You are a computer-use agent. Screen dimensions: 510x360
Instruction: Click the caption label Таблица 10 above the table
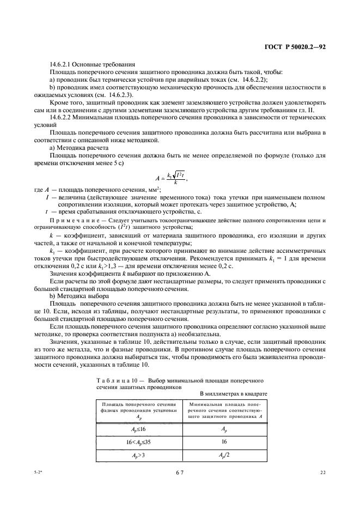pyautogui.click(x=115, y=378)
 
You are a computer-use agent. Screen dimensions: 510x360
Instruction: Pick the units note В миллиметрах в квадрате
pyautogui.click(x=234, y=393)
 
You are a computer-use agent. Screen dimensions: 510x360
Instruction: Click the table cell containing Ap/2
pyautogui.click(x=224, y=456)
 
